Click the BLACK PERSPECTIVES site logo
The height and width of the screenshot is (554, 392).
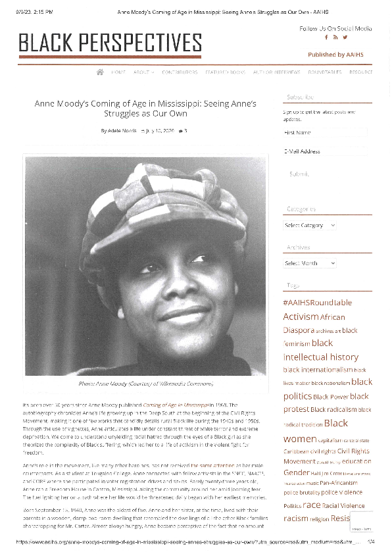[x=110, y=43]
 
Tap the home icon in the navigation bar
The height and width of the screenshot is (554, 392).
[x=100, y=72]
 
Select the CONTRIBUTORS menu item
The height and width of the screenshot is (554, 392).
[x=180, y=72]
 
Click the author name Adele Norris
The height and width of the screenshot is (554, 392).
[x=122, y=131]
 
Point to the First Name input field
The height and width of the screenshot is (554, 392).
[x=326, y=132]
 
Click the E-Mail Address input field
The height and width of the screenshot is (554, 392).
[x=326, y=151]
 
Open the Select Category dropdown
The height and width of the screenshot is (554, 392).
[x=310, y=225]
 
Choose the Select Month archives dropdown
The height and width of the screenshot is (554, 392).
[x=310, y=263]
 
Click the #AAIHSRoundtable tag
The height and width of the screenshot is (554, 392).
[x=317, y=303]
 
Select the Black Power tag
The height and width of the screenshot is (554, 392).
[x=330, y=397]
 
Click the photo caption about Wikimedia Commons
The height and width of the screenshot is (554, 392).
[x=146, y=384]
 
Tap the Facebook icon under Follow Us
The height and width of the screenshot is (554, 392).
[x=326, y=37]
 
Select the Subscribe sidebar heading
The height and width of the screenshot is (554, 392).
[x=300, y=97]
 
